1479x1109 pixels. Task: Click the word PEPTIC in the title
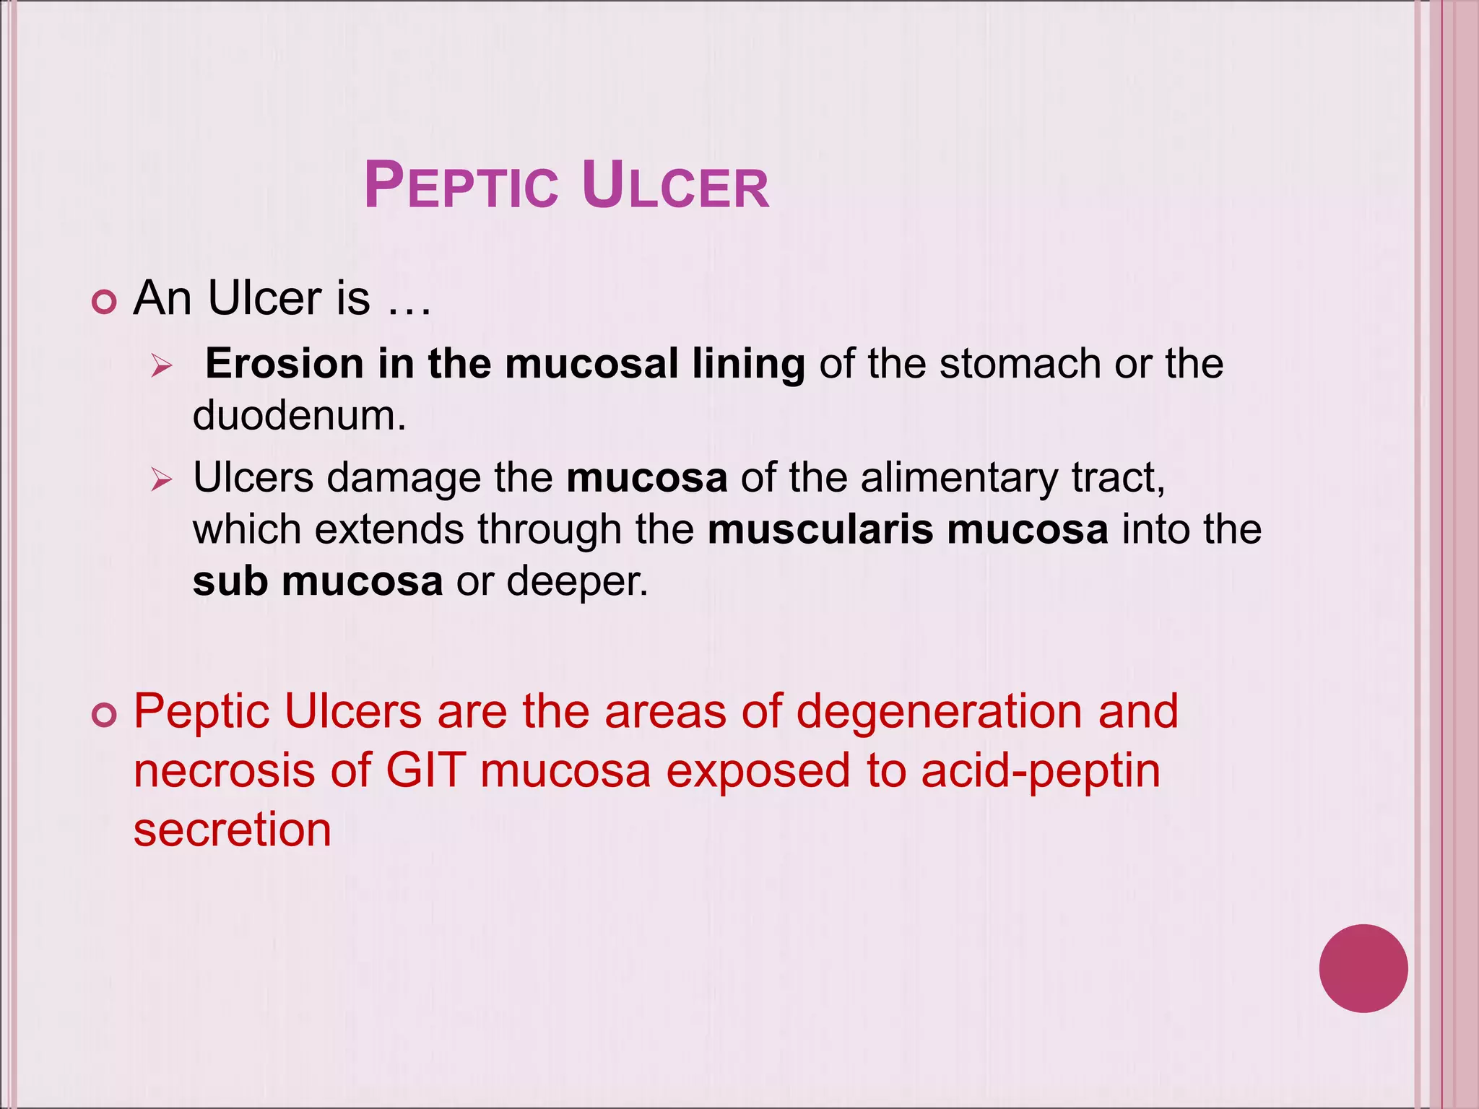click(461, 186)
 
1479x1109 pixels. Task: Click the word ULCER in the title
click(675, 186)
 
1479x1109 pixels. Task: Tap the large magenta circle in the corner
click(1363, 968)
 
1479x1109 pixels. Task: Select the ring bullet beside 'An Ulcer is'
click(105, 302)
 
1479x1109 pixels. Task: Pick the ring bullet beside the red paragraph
click(105, 715)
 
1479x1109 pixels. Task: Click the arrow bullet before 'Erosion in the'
click(162, 367)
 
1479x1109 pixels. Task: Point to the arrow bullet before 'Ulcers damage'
click(162, 479)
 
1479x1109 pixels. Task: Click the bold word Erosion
click(284, 363)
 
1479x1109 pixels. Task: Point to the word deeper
click(577, 582)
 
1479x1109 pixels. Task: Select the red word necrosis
click(225, 770)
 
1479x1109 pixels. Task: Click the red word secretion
click(233, 830)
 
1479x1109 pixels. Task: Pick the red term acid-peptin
click(1041, 772)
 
